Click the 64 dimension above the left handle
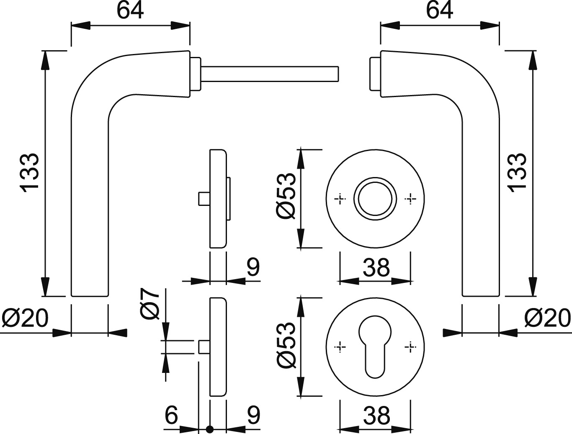click(x=130, y=11)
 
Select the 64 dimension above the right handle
click(x=440, y=11)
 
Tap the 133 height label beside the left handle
click(x=30, y=173)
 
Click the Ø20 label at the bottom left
click(x=25, y=319)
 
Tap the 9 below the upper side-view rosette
click(x=253, y=267)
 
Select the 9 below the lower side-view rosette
click(x=253, y=415)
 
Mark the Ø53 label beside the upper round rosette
click(x=286, y=196)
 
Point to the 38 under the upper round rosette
click(x=376, y=268)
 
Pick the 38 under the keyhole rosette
click(x=376, y=416)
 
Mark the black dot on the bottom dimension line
click(x=210, y=429)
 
